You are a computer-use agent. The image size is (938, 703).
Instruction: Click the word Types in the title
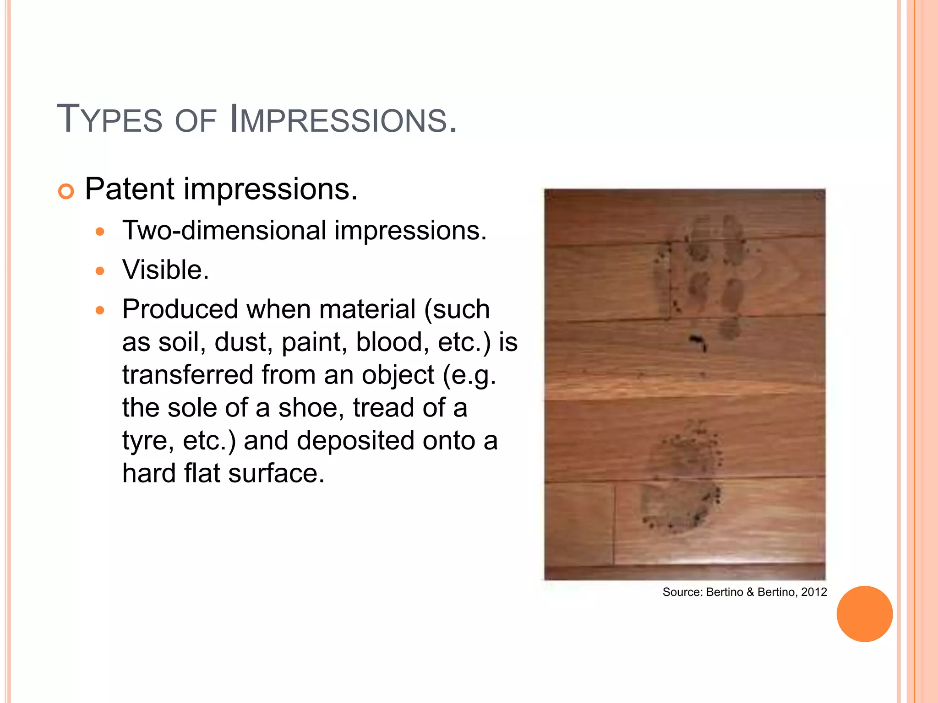coord(109,119)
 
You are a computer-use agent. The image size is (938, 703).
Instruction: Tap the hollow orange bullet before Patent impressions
coord(66,191)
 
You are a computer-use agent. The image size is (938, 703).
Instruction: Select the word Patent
coord(130,189)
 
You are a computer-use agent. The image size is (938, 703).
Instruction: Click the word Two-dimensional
coord(224,230)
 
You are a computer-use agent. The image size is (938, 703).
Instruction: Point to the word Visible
coord(165,270)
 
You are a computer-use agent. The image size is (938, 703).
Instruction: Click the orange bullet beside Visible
coord(100,271)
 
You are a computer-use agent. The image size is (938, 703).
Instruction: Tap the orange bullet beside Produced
coord(100,311)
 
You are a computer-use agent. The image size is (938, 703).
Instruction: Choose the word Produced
coord(180,309)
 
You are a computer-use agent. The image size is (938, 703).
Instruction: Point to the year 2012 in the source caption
coord(814,592)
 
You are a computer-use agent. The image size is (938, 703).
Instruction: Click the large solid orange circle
coord(864,614)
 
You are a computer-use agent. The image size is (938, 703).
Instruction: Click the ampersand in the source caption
coord(750,592)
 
